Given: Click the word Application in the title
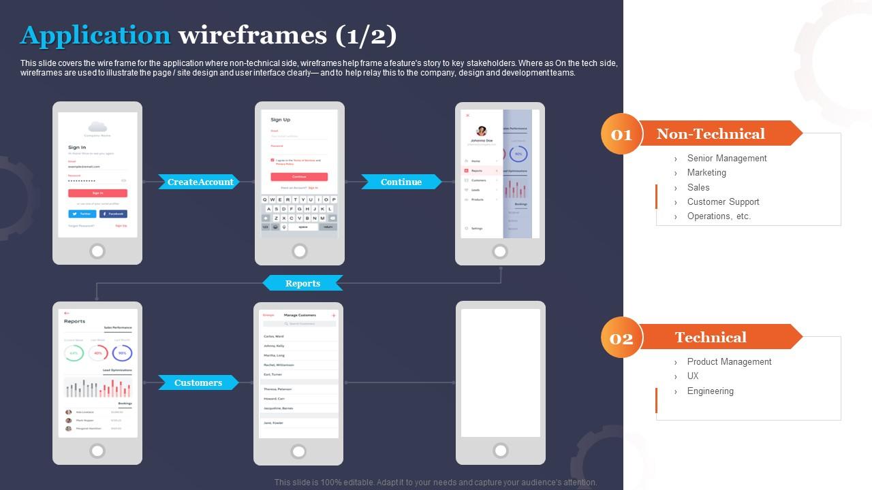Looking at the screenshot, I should tap(95, 35).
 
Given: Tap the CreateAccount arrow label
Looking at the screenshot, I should tap(200, 182).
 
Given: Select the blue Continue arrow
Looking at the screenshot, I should tap(401, 182).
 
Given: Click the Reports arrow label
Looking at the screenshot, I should tap(302, 283).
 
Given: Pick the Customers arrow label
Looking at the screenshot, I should tap(198, 382).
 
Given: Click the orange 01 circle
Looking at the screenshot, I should tap(621, 134).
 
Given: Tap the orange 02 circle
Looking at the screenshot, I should tap(621, 338).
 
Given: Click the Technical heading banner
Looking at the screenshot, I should tap(711, 337).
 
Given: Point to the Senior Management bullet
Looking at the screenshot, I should tap(726, 158).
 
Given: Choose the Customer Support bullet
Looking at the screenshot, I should tap(723, 201).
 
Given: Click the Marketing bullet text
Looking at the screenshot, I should tap(706, 172).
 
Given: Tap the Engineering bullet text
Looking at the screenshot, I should tap(710, 391).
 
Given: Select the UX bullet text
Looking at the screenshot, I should tap(693, 376).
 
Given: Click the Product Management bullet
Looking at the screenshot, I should tap(729, 361).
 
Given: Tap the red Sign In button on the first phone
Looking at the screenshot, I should tap(97, 193).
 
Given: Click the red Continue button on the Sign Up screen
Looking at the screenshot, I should tap(299, 177).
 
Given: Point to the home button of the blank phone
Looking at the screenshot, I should tap(501, 451).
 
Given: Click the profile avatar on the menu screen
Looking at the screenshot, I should tap(482, 131).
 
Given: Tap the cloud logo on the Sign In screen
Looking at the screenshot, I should tap(97, 126).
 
